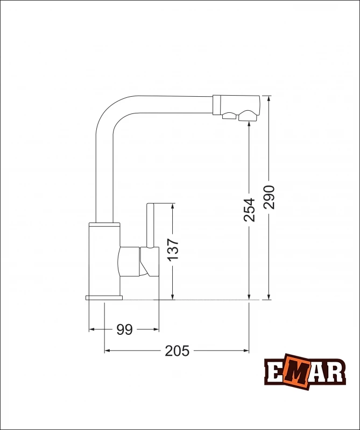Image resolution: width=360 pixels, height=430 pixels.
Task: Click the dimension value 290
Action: point(269,197)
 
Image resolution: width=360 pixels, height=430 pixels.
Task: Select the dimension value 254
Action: point(249,210)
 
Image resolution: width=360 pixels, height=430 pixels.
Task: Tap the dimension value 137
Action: point(173,249)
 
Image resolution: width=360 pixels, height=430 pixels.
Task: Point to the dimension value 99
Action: point(124,329)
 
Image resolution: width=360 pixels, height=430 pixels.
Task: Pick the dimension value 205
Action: point(177,351)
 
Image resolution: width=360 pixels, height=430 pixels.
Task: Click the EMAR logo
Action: point(305,371)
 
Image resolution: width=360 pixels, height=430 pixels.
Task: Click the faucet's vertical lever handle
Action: point(150,225)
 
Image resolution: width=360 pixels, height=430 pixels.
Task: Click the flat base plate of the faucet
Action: point(104,298)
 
